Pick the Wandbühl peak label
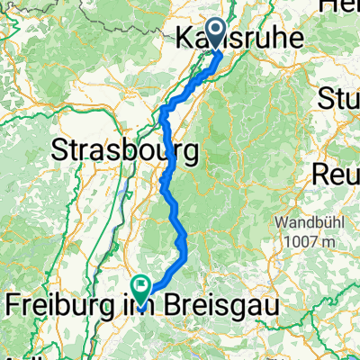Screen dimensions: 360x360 tap(312, 221)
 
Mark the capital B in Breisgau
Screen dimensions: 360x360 tap(180, 305)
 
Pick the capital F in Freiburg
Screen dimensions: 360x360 tap(13, 305)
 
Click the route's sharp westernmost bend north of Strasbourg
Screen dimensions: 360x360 tap(161, 112)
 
